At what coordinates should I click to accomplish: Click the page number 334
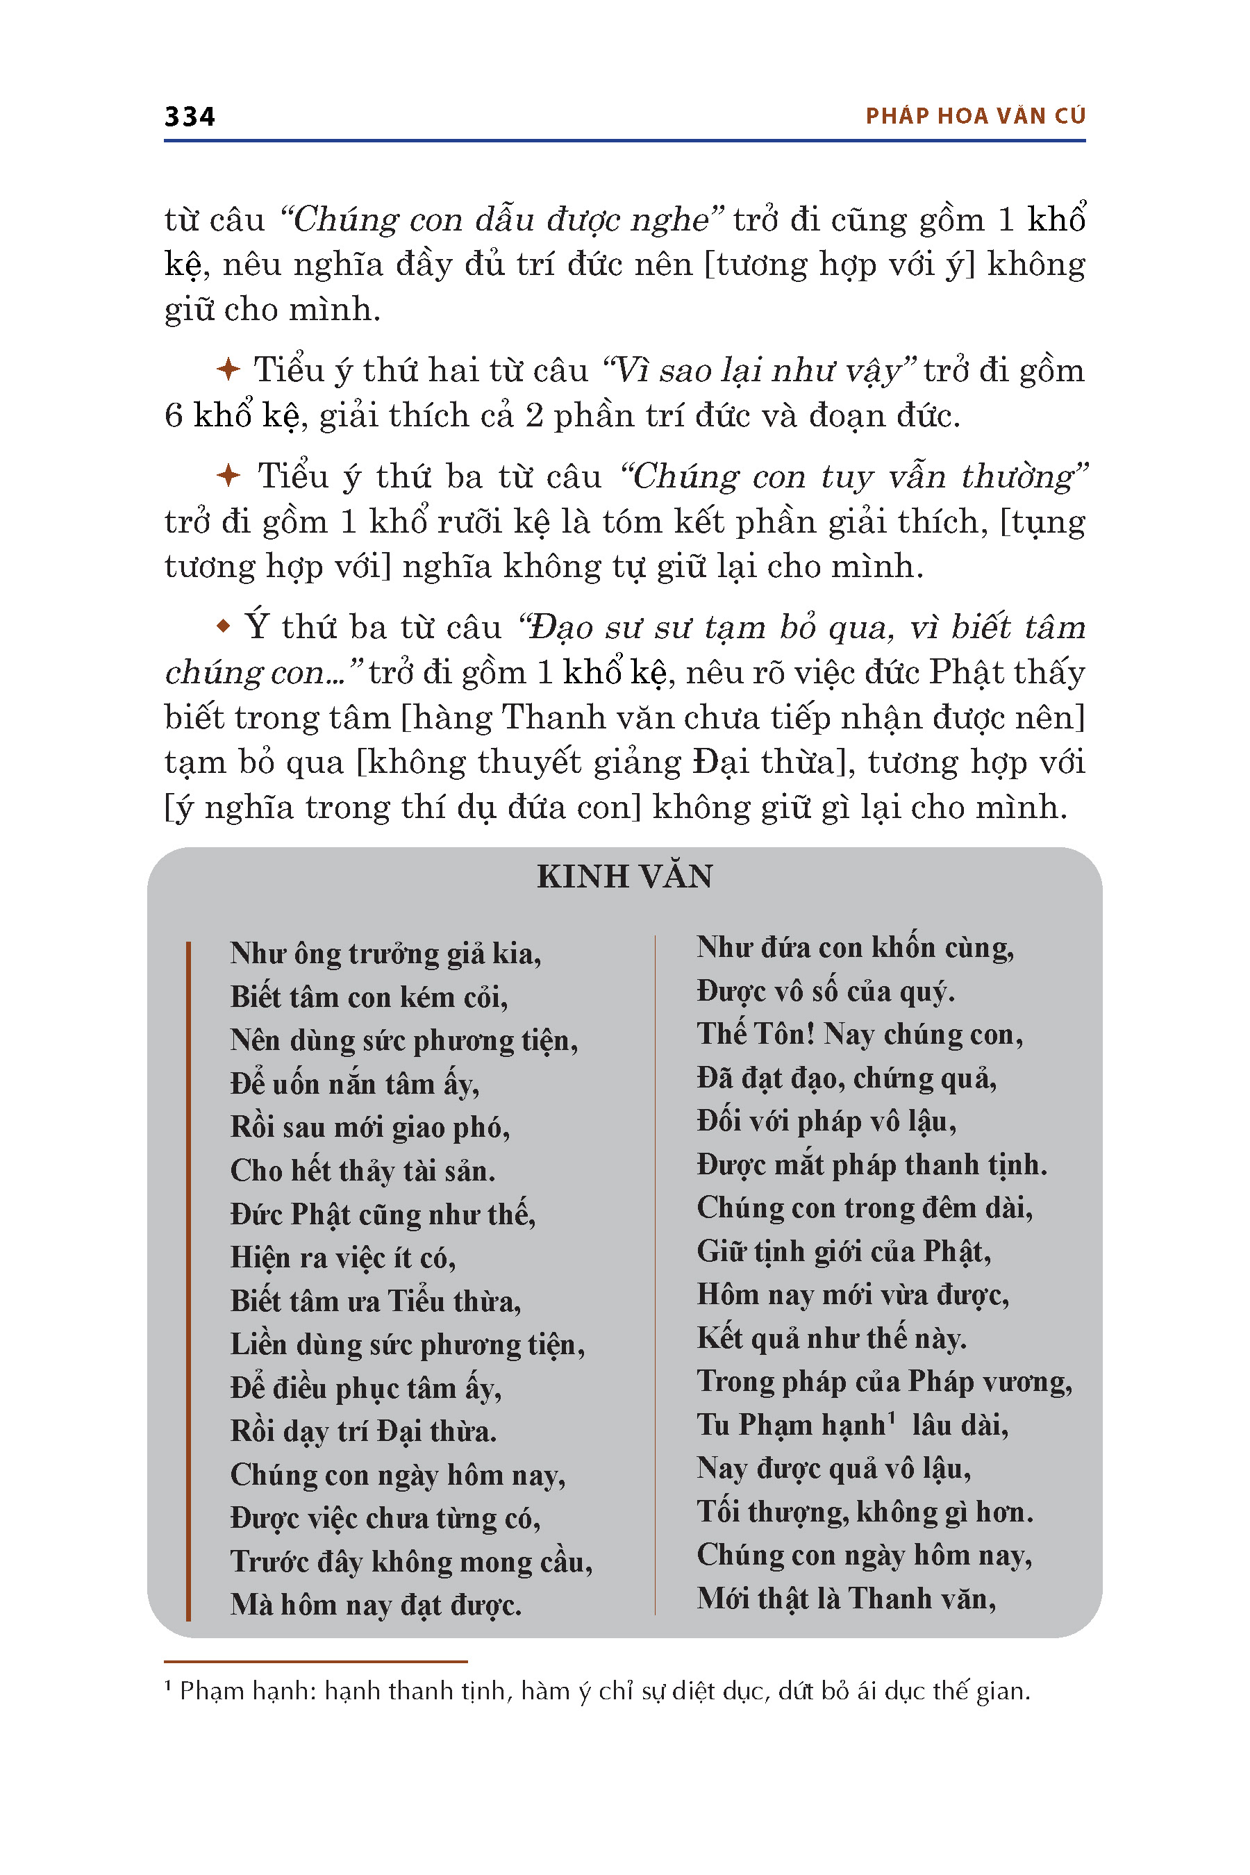coord(190,117)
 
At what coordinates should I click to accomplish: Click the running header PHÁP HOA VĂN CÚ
coord(975,117)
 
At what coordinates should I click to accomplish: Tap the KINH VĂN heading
coord(625,876)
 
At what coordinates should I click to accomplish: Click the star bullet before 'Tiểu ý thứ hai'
coord(228,369)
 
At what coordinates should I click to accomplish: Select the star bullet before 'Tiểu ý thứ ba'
coord(228,475)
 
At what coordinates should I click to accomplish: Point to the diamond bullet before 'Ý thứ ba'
coord(224,626)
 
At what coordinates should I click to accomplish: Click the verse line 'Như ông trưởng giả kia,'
coord(386,953)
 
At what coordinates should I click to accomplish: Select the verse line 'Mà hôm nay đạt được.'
coord(376,1604)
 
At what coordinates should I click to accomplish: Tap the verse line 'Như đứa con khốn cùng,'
coord(855,947)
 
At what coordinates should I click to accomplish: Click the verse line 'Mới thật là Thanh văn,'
coord(846,1598)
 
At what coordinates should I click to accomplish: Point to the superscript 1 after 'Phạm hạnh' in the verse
coord(892,1416)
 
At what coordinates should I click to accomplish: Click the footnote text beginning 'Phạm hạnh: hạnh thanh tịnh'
coord(604,1691)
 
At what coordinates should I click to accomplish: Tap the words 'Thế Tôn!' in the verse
coord(755,1034)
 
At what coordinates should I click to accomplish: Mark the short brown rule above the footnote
coord(316,1661)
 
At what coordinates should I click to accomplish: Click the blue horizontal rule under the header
coord(625,141)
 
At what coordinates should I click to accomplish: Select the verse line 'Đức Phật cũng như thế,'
coord(383,1213)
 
